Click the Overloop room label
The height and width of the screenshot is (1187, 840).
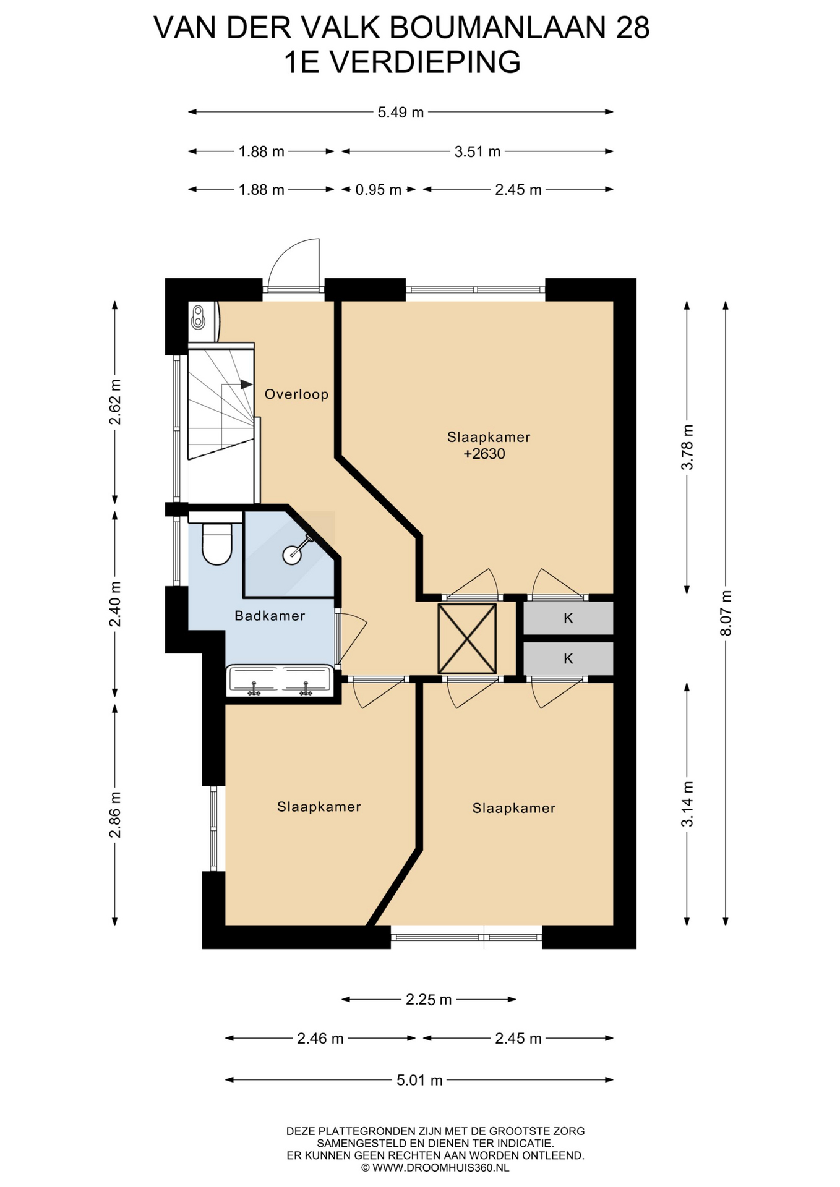click(296, 394)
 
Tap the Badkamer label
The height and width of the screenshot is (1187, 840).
click(270, 616)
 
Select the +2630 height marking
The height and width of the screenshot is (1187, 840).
click(484, 454)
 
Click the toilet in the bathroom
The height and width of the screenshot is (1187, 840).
click(216, 543)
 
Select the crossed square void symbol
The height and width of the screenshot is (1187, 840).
click(467, 639)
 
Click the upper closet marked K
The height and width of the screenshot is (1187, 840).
click(568, 618)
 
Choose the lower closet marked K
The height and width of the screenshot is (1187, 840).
click(568, 659)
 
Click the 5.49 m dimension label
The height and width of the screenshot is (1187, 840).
click(401, 113)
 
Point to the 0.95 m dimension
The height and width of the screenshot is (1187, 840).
click(378, 190)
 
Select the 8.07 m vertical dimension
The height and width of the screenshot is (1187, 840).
click(726, 613)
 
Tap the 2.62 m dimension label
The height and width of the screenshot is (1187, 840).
click(115, 402)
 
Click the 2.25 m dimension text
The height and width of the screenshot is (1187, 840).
click(429, 1000)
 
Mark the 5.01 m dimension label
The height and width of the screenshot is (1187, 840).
click(419, 1081)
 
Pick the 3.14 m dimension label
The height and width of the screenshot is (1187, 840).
click(687, 804)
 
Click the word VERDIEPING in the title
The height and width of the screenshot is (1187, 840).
click(424, 62)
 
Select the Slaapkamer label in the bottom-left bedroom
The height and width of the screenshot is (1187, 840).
click(319, 807)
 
